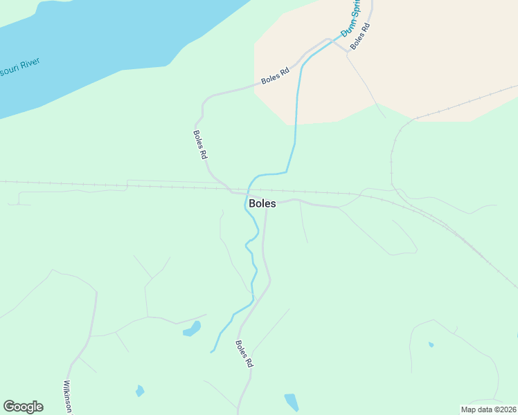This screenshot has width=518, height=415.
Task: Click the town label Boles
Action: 262,204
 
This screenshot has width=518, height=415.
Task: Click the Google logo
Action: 23,407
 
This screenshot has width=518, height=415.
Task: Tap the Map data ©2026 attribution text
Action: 489,409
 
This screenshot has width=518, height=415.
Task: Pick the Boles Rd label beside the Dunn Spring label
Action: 360,36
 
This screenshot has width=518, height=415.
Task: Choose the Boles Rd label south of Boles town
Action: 244,353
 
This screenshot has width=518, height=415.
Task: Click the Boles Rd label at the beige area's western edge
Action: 275,76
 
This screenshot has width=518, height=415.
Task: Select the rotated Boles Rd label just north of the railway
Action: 201,145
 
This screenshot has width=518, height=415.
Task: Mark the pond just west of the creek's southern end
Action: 192,329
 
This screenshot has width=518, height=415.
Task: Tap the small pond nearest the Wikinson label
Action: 140,391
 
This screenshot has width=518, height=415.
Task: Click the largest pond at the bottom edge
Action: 292,402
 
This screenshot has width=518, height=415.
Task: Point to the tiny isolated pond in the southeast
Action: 431,344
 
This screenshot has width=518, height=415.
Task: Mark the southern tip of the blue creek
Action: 212,351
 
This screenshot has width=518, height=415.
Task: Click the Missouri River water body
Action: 104,41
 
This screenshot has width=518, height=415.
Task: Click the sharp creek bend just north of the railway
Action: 286,172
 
